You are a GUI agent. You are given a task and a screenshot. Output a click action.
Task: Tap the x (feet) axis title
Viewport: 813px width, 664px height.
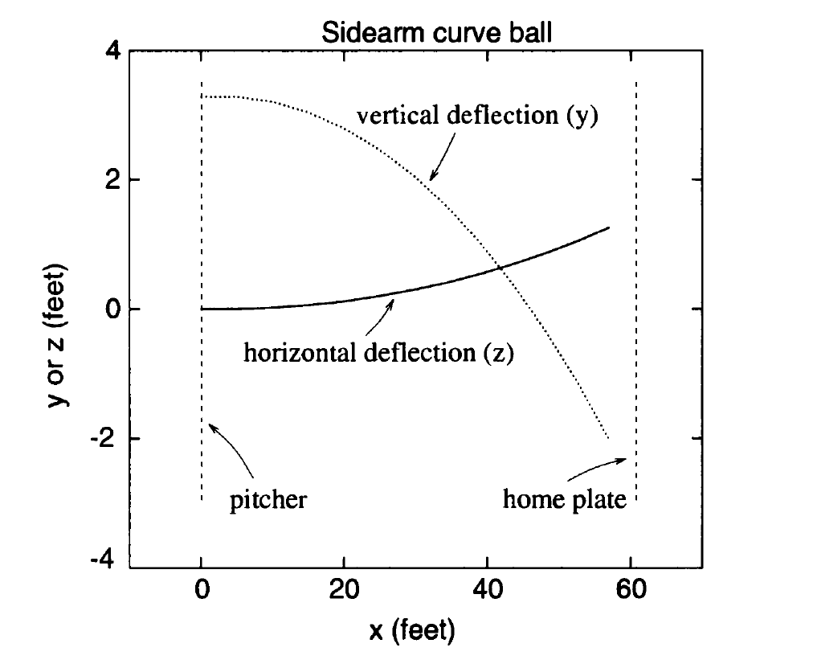click(412, 630)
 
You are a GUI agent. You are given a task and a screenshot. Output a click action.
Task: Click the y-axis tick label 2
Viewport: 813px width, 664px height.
click(112, 179)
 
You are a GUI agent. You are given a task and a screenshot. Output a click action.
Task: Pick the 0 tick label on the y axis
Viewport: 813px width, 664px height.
click(112, 309)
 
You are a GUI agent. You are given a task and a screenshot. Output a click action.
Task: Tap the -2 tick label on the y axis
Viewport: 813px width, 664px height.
click(108, 439)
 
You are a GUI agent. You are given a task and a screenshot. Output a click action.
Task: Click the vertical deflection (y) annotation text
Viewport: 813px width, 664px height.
click(479, 116)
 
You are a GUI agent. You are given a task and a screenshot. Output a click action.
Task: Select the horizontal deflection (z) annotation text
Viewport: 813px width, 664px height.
click(378, 352)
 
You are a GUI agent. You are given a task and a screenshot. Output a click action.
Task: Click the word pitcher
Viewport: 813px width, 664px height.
click(268, 500)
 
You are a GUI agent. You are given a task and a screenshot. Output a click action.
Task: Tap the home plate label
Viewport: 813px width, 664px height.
click(564, 500)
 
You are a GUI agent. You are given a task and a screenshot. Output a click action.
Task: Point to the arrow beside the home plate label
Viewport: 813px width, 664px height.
click(600, 465)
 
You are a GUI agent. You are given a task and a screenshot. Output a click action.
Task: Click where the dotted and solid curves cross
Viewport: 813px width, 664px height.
click(501, 268)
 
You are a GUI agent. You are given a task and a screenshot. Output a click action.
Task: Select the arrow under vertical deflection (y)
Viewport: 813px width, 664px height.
click(443, 156)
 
